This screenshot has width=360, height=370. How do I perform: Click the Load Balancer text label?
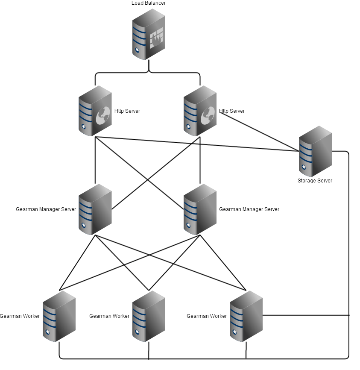149,3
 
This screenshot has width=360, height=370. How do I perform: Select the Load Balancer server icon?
149,34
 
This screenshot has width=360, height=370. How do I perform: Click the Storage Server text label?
315,181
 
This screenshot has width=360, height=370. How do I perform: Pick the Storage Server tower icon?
315,151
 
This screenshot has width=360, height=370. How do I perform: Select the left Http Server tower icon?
95,111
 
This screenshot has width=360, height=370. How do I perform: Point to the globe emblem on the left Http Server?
103,115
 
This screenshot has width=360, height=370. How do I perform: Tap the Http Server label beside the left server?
127,111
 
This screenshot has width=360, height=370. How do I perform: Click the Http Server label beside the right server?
232,111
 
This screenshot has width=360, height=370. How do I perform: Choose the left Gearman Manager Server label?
46,209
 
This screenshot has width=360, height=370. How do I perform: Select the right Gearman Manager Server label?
249,209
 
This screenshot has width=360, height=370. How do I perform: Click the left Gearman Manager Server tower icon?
95,209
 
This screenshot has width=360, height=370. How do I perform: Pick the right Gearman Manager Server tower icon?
200,209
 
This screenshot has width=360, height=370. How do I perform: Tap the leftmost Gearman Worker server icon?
59,316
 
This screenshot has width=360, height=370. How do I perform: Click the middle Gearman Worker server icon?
149,316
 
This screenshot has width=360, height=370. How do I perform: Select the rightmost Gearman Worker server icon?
246,316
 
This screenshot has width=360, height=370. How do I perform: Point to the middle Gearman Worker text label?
109,316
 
